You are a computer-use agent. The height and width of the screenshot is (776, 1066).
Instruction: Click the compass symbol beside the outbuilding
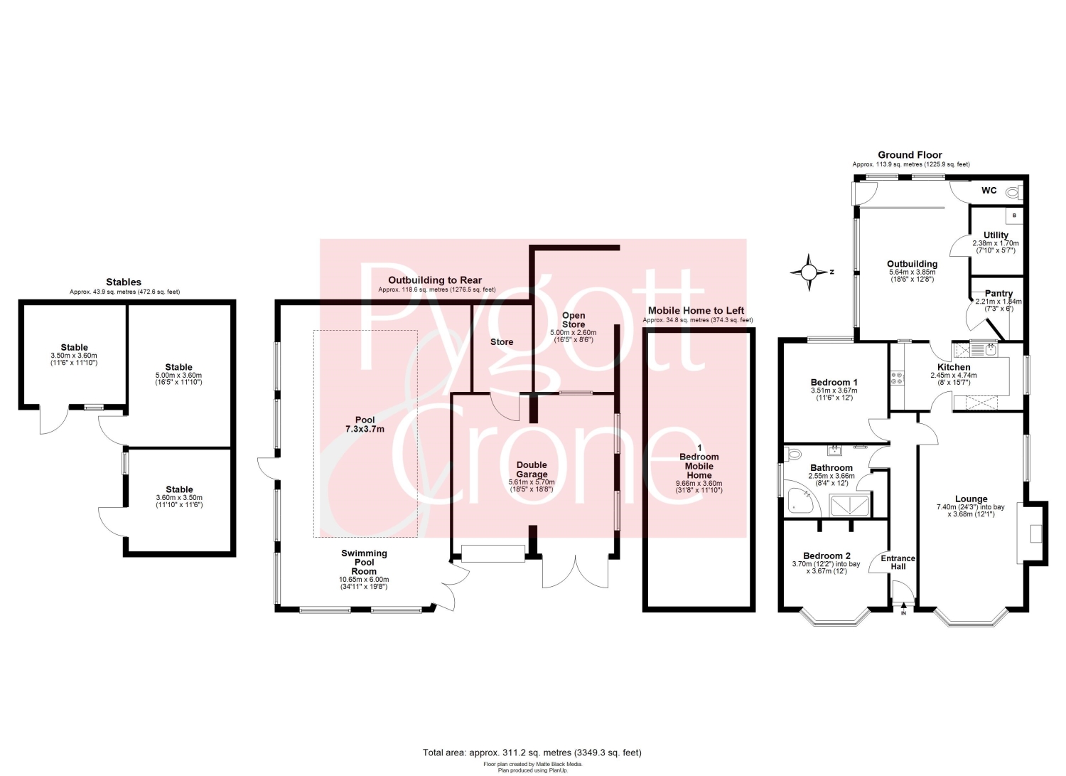click(809, 272)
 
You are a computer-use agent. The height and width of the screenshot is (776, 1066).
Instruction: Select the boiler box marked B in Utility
click(1014, 216)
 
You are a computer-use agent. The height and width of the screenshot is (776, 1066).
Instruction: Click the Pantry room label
click(998, 294)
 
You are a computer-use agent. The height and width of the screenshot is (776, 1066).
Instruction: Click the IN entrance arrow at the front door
click(903, 608)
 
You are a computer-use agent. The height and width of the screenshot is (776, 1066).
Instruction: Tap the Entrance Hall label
click(898, 562)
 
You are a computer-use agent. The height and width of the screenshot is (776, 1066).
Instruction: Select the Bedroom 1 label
click(834, 382)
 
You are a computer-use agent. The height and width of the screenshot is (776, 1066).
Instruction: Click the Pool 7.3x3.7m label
click(365, 424)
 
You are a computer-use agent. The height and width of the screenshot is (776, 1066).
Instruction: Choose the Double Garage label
click(532, 469)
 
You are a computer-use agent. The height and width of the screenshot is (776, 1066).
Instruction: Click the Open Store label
click(574, 319)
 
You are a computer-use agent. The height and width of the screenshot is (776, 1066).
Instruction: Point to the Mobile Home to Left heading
click(696, 311)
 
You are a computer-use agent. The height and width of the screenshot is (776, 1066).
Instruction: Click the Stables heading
click(124, 282)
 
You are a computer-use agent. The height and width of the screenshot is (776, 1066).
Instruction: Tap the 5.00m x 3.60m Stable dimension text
click(179, 376)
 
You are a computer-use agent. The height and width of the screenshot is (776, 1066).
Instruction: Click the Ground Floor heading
click(910, 155)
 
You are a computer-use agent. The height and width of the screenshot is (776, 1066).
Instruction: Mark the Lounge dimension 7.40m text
click(971, 507)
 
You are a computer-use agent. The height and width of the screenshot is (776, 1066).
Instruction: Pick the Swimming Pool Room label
click(364, 562)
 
